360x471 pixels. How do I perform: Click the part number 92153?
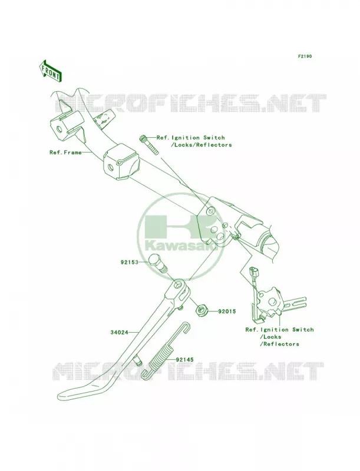click(130, 262)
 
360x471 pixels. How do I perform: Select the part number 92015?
click(227, 311)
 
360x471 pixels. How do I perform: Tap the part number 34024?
click(119, 333)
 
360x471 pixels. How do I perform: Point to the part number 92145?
click(185, 359)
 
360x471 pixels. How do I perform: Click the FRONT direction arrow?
click(51, 71)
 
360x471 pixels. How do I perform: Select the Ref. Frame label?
click(65, 152)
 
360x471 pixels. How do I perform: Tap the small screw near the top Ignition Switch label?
click(148, 145)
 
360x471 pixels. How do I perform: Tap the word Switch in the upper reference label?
click(214, 138)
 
